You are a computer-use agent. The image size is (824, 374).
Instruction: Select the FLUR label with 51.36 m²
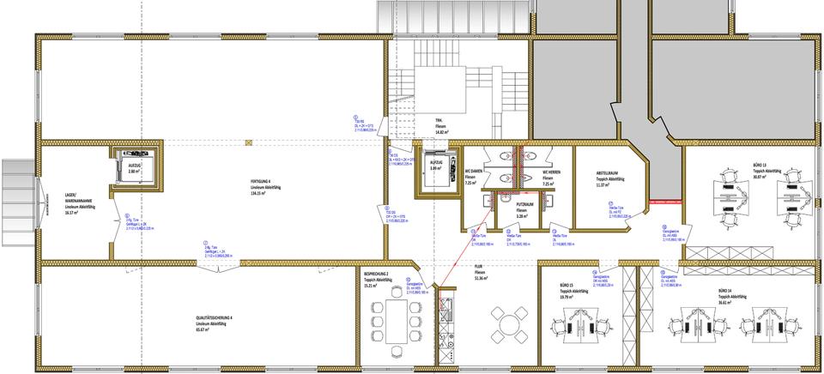pyautogui.click(x=481, y=275)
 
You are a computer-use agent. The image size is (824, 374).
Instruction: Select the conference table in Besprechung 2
pyautogui.click(x=397, y=319)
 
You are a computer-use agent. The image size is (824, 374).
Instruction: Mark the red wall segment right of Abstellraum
pyautogui.click(x=667, y=202)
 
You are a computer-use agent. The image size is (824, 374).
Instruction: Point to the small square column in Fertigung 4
pyautogui.click(x=248, y=142)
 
